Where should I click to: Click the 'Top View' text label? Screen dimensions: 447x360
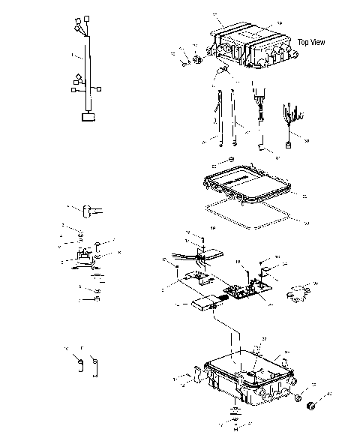click(x=311, y=42)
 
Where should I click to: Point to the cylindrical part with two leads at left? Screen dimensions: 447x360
click(x=88, y=211)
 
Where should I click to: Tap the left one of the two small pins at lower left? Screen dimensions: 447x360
click(x=77, y=364)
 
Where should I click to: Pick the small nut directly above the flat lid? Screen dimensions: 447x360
click(x=232, y=161)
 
